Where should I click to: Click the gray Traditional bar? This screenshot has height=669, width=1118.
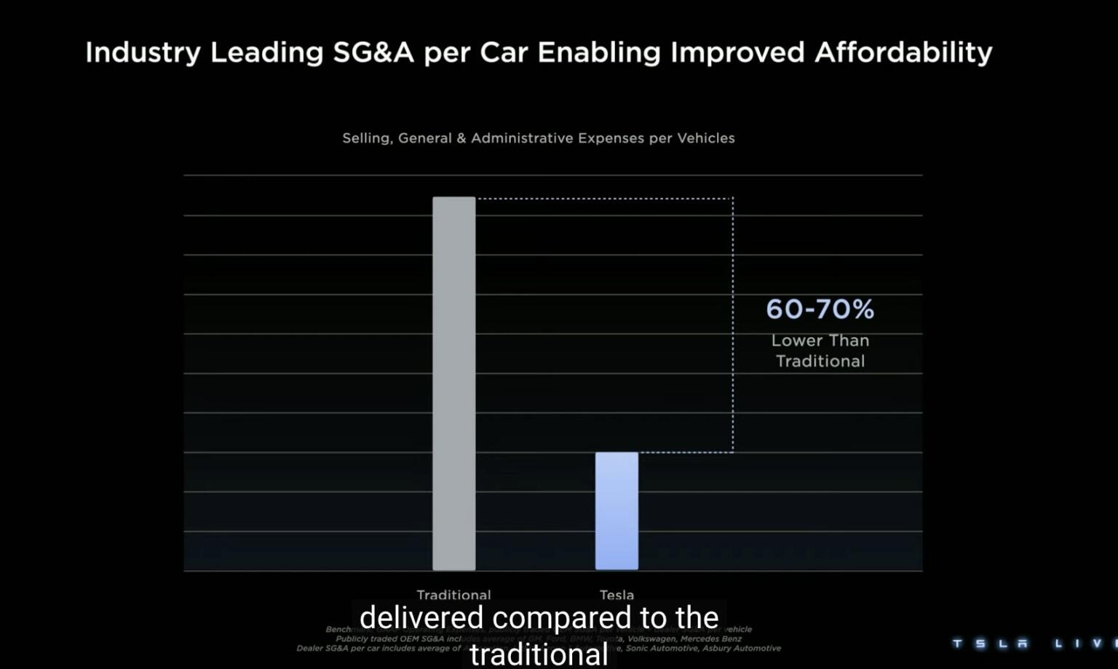tap(453, 384)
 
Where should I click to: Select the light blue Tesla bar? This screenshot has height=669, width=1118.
tap(617, 511)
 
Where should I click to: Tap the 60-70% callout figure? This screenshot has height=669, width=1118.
tap(820, 309)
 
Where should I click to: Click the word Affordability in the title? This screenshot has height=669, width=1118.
tap(903, 52)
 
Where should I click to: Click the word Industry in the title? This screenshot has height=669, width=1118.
tap(143, 52)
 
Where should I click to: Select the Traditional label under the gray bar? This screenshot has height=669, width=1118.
tap(453, 594)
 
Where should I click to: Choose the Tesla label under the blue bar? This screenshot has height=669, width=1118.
tap(617, 594)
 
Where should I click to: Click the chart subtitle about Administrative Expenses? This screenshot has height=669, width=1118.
tap(538, 138)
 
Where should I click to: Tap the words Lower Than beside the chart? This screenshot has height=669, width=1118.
tap(820, 341)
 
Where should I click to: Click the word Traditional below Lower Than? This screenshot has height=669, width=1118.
tap(820, 361)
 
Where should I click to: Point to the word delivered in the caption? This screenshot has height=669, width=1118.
tap(421, 617)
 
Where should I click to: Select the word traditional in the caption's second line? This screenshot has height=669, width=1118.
tap(539, 654)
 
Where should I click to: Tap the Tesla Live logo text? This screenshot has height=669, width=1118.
tap(1034, 644)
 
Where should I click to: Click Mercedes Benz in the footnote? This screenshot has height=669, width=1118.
tap(711, 638)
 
